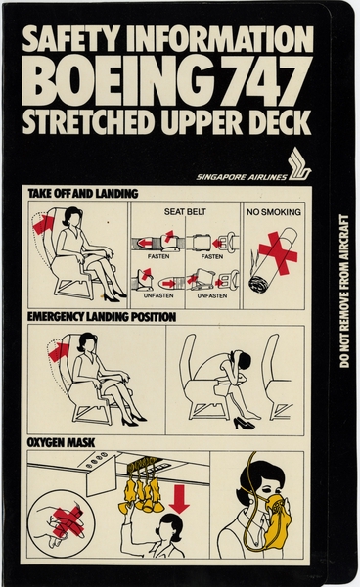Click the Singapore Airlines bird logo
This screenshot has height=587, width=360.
click(x=298, y=161)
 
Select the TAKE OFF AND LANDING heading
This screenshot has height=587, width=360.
click(x=76, y=194)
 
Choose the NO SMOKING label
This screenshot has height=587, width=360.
click(x=274, y=211)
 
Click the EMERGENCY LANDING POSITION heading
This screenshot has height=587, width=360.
click(x=102, y=317)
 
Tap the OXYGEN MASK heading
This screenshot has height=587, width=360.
click(x=63, y=444)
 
